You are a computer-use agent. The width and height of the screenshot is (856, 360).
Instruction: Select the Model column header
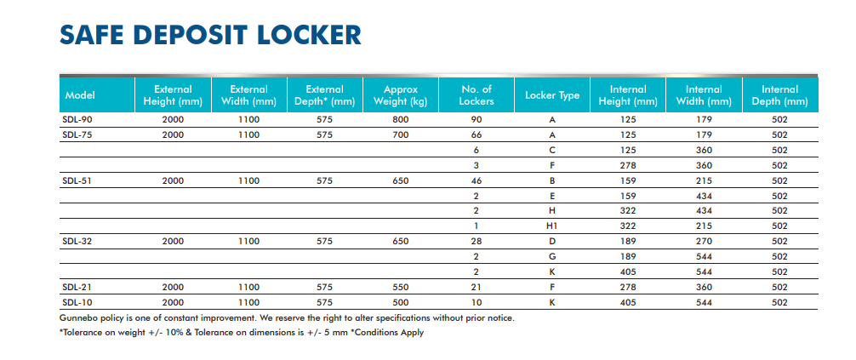(79, 94)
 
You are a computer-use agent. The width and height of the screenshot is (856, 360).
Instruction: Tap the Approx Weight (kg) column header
(400, 95)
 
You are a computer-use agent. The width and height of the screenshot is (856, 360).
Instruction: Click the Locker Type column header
(552, 94)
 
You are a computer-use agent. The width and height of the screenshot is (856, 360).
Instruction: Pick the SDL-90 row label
(77, 120)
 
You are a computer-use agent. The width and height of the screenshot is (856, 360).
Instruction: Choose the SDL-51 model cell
(77, 180)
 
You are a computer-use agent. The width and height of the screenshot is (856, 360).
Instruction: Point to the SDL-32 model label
(77, 241)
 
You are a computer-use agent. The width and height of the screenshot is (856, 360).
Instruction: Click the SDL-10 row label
(77, 302)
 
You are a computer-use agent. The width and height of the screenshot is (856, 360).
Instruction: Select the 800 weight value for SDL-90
(401, 120)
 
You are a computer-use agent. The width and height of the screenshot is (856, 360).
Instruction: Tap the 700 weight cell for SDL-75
(401, 134)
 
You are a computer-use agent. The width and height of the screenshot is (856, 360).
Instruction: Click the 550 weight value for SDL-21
(401, 287)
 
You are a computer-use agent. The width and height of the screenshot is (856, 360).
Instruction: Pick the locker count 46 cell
(476, 180)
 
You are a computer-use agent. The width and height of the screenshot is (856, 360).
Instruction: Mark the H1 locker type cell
(552, 226)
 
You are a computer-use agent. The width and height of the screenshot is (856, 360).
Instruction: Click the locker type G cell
(552, 256)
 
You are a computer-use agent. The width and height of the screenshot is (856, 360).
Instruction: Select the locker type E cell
(552, 196)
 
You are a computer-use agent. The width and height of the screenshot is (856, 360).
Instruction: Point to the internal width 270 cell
(704, 241)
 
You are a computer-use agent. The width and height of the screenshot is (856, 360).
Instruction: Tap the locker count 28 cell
(476, 241)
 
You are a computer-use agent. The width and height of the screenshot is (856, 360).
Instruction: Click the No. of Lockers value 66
(476, 134)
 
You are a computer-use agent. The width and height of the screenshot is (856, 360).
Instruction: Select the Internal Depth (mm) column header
(779, 95)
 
